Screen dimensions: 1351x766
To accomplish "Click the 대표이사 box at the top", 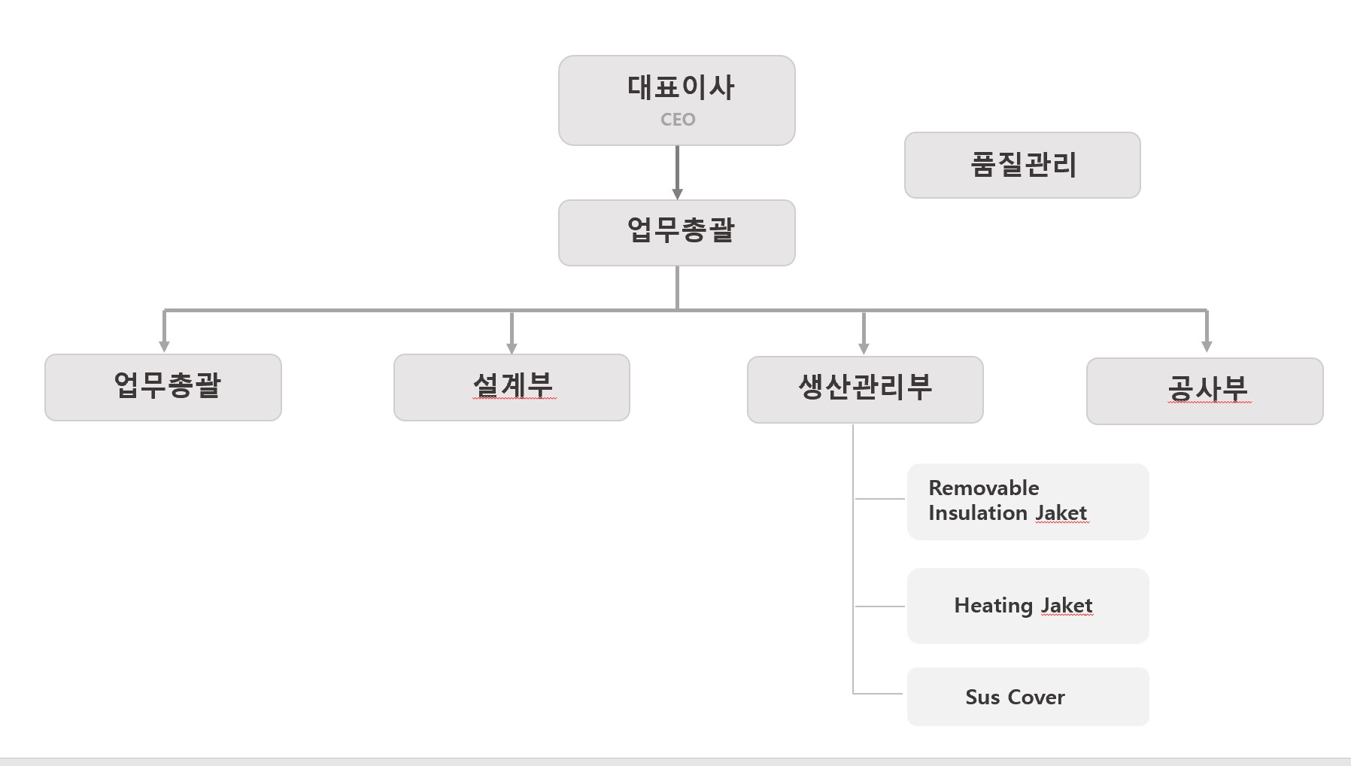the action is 677,100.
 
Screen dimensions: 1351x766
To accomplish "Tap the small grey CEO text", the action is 678,120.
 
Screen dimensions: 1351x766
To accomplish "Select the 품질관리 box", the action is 1022,166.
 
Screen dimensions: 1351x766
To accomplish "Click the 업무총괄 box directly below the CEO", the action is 677,233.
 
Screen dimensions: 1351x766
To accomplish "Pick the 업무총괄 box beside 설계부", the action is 163,388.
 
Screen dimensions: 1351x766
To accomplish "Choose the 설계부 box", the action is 512,388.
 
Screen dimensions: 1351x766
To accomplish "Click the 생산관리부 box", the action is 865,390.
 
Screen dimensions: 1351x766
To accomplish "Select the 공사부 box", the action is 1205,391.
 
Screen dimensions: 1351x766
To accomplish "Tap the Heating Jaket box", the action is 1028,606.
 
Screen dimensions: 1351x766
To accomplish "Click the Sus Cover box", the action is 1028,697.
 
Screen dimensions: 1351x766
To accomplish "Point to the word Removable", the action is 984,488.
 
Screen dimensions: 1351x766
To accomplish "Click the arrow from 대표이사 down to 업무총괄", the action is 677,172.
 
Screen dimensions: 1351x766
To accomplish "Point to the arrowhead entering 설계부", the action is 512,348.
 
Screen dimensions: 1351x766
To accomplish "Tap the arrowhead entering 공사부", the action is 1207,346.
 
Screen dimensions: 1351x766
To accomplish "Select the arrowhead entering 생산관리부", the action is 864,348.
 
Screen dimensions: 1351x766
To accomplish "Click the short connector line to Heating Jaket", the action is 879,606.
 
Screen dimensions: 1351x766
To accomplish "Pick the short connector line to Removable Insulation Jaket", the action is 879,498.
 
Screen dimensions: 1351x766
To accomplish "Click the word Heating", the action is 994,606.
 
